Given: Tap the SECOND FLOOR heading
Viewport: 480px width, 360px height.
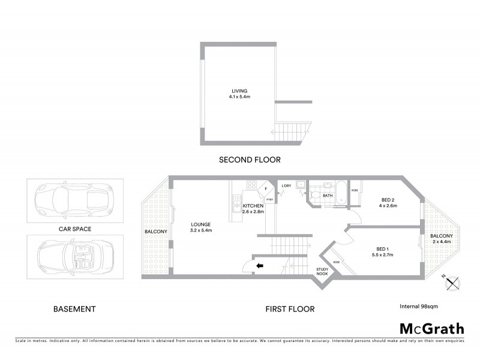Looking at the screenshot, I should coord(250,160).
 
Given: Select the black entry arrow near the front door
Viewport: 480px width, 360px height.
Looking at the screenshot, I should coord(260,266).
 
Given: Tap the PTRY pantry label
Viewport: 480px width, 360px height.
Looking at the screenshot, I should coord(270,199).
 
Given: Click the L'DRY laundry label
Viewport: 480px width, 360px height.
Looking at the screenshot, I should coord(286,186).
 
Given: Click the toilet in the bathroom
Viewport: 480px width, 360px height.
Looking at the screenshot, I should coord(313,196).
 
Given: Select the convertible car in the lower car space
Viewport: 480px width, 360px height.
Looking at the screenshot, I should coord(75,256).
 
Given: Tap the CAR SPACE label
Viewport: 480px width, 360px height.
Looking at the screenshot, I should coord(74,229).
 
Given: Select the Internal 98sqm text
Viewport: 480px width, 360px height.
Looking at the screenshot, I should coord(419,306).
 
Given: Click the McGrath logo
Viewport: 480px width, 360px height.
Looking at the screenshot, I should coord(431,328).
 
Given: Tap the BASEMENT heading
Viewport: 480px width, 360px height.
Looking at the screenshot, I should coord(74,309).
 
